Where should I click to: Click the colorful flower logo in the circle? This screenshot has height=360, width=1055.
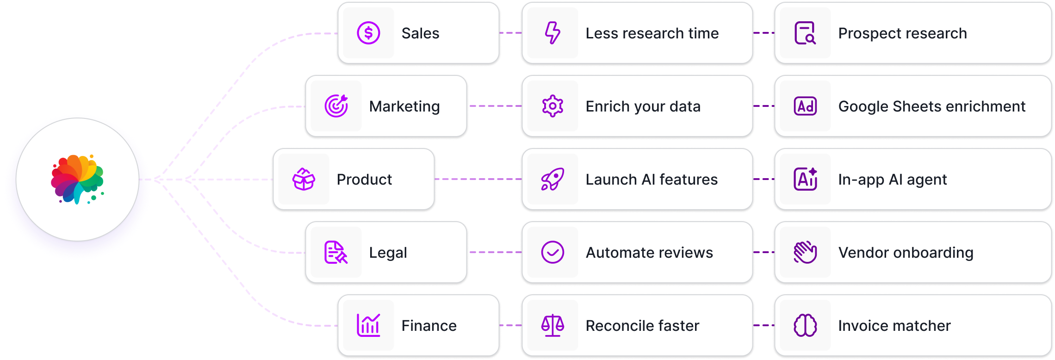click(77, 179)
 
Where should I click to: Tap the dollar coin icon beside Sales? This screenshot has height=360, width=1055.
click(368, 33)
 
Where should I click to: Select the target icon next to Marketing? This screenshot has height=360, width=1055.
click(336, 106)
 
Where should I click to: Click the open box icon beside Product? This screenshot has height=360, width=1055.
click(304, 179)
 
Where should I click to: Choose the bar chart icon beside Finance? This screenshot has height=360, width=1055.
click(368, 325)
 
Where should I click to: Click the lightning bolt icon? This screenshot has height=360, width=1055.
click(552, 33)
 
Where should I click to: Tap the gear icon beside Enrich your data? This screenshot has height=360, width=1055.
click(552, 106)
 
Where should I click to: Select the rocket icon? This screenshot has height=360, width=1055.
click(552, 179)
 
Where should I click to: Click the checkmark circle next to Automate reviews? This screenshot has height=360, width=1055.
click(552, 252)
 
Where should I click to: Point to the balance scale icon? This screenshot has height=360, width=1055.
click(552, 325)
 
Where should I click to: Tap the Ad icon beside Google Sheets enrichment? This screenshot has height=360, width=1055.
click(805, 106)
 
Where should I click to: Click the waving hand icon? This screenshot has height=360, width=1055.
click(805, 252)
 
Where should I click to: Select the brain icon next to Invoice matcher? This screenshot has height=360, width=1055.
click(805, 325)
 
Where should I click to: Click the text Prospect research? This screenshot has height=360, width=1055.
click(902, 33)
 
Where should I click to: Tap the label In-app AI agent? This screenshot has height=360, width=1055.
click(892, 180)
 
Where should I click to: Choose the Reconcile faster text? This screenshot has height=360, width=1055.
click(642, 326)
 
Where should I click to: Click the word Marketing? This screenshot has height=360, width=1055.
click(404, 106)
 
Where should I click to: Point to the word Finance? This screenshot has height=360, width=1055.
click(429, 326)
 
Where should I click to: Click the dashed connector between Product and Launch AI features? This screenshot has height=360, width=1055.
click(478, 179)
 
